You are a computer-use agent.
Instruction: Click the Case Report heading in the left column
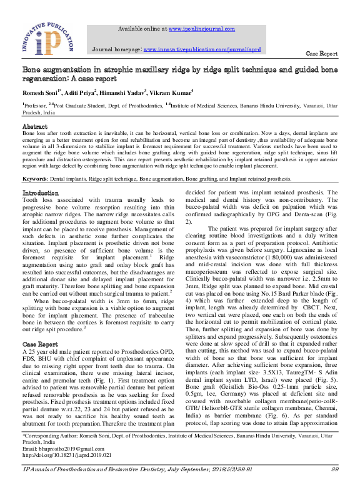(40, 344)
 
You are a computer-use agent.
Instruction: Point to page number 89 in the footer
(334, 486)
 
